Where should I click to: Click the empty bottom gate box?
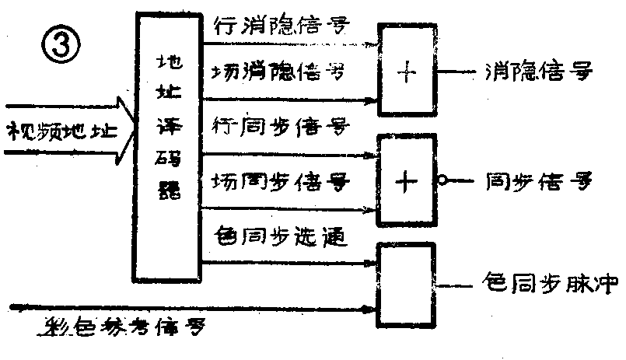pos(407,285)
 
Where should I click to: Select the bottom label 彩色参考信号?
pos(124,327)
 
